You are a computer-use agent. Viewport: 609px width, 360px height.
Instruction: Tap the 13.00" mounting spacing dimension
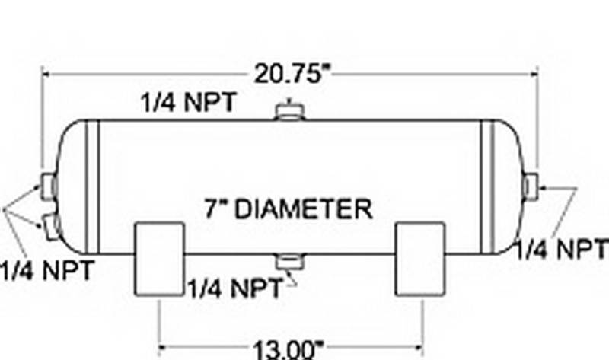point(289,349)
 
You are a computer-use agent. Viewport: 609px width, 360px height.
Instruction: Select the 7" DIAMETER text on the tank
point(289,209)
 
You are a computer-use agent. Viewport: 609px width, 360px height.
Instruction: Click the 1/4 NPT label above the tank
point(188,103)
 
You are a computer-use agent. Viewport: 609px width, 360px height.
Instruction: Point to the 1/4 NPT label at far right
point(562,249)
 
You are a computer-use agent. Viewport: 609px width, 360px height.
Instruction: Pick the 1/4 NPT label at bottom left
point(47,270)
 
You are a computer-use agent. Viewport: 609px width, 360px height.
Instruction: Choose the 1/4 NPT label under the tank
point(236,288)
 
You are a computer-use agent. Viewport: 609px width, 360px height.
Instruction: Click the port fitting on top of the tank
point(290,110)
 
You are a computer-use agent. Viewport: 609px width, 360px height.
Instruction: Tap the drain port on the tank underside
point(290,261)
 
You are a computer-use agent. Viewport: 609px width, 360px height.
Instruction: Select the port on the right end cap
point(531,186)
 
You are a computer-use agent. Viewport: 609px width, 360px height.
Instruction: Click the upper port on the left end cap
point(49,187)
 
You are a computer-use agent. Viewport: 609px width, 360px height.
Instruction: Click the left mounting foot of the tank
point(159,259)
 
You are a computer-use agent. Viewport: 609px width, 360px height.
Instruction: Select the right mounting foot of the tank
point(420,259)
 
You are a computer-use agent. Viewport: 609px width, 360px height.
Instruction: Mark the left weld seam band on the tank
point(92,187)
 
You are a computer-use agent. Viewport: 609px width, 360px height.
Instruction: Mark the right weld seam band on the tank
point(487,187)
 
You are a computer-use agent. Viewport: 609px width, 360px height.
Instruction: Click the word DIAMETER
point(304,209)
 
